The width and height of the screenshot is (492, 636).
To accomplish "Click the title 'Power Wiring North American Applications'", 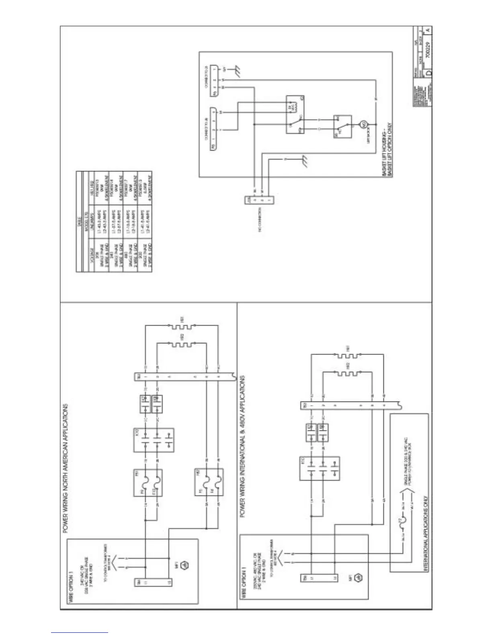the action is click(66, 468).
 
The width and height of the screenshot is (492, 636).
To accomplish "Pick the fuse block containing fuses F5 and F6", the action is click(209, 482).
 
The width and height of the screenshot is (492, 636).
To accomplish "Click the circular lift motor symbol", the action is click(362, 125).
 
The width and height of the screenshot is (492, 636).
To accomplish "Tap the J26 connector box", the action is click(260, 200).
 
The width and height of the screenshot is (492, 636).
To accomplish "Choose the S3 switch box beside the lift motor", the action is click(342, 126).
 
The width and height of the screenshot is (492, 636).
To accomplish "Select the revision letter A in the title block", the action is click(428, 30).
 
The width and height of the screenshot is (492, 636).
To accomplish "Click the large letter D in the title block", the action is click(429, 73).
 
